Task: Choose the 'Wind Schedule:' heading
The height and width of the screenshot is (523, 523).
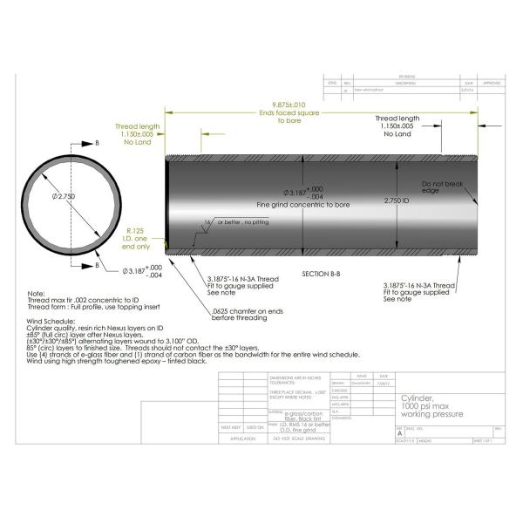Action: click(x=52, y=321)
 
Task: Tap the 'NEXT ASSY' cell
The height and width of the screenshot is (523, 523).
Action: click(x=230, y=427)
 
